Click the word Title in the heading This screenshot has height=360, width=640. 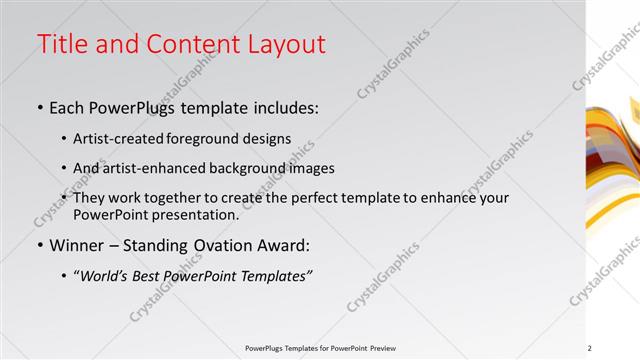(62, 44)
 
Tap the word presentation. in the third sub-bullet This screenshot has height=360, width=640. (192, 214)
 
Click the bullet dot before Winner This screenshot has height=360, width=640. (40, 245)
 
